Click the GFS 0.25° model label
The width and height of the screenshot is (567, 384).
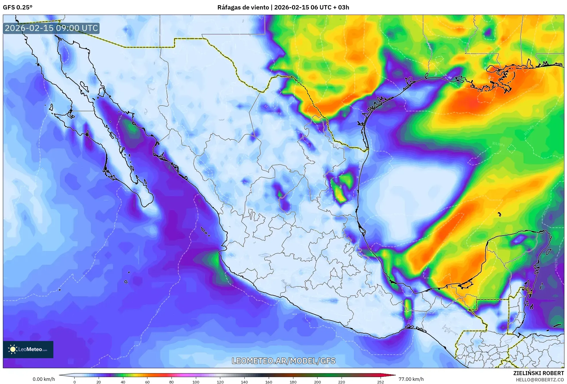17,7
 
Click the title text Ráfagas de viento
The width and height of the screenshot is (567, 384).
243,7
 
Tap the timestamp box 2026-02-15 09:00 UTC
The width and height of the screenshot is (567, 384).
51,28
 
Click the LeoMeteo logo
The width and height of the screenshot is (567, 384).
28,349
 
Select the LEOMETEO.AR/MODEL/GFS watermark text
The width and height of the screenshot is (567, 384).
283,361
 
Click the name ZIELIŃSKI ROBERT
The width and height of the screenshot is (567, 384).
538,373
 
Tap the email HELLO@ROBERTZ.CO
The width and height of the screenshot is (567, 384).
539,380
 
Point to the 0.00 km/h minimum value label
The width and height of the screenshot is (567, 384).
44,379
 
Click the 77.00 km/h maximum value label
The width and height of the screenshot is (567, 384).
411,379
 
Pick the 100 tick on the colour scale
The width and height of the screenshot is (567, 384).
196,382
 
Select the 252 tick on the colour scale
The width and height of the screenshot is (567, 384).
380,382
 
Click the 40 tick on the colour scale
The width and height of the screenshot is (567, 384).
123,382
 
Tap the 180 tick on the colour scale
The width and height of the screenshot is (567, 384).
293,382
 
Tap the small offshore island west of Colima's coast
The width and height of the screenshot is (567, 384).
126,282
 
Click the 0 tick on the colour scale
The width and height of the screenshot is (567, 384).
75,382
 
